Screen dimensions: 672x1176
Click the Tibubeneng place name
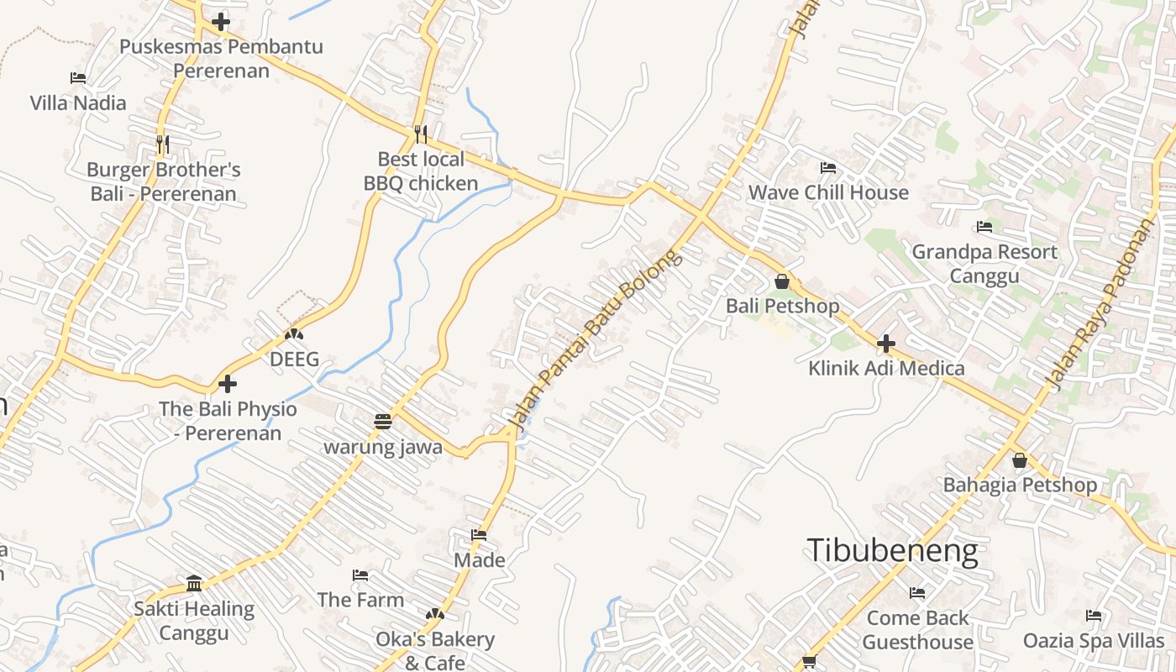(x=892, y=551)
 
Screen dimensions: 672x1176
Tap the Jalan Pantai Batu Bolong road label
(x=596, y=339)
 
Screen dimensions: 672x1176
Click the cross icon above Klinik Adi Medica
(x=886, y=344)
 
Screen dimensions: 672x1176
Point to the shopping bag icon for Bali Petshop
(x=782, y=281)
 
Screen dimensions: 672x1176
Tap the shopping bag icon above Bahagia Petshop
(x=1020, y=460)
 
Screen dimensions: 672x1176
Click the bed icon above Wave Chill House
(x=828, y=168)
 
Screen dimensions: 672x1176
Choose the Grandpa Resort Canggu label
(x=984, y=264)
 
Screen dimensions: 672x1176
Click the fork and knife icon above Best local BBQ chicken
(x=421, y=134)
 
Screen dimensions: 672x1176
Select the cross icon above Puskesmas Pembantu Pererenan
(x=221, y=22)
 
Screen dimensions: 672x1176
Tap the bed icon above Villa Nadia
(x=78, y=78)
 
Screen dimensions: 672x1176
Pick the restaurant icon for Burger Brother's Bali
(x=163, y=144)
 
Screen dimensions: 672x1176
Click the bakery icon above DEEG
(x=293, y=334)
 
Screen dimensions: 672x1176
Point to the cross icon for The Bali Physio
(x=228, y=385)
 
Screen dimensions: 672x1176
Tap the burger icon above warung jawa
(x=383, y=422)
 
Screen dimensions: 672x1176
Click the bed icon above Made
(x=479, y=534)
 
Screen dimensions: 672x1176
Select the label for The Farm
(x=360, y=600)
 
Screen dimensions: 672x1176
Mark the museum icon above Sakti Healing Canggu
(x=194, y=584)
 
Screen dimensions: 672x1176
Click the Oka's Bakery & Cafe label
(x=435, y=650)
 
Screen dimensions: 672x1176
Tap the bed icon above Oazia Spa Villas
(x=1094, y=616)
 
